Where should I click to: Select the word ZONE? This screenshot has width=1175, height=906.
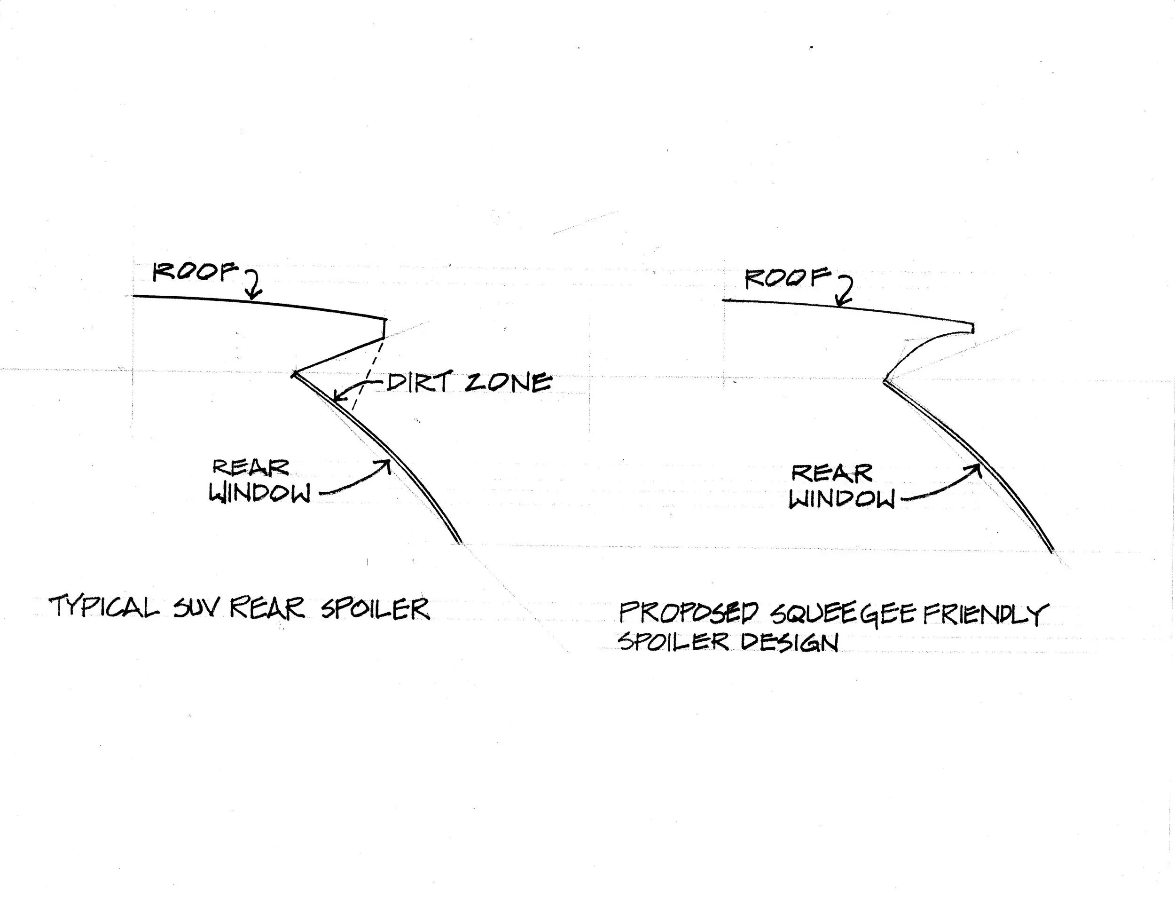pos(508,382)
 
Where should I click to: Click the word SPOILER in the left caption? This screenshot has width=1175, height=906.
pos(375,609)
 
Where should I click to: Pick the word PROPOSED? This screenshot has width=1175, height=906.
pos(689,613)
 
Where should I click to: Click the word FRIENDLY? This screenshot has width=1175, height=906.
pos(986,614)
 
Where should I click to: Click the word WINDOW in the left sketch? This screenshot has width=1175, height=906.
pos(260,493)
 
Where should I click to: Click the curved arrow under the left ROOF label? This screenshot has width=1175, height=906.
pos(253,284)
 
